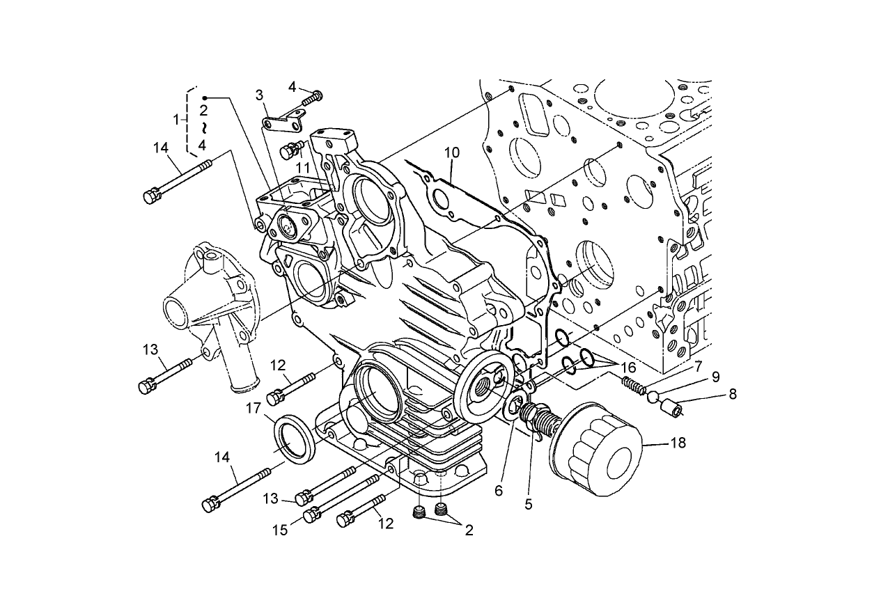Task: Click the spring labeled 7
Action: coord(634,384)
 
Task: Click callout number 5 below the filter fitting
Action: coord(528,504)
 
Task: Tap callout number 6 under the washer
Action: coord(498,490)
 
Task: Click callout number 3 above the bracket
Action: coord(259,94)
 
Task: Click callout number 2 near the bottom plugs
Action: coord(469,530)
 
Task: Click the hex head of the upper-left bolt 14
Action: coord(150,197)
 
